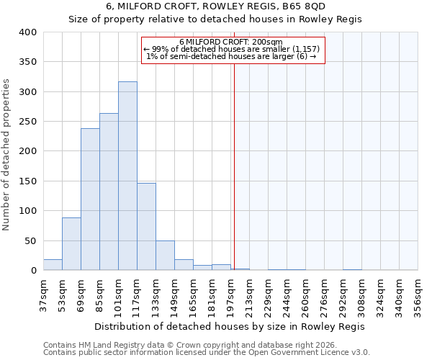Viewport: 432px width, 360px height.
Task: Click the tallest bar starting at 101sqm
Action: click(x=127, y=176)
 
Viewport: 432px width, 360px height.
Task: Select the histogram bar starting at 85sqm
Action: click(x=109, y=192)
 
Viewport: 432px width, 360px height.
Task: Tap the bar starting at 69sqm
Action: click(x=90, y=199)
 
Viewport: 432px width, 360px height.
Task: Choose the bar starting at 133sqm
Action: click(x=165, y=256)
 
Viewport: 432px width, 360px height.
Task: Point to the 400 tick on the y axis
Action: click(x=28, y=32)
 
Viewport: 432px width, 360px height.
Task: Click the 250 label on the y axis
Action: click(x=28, y=122)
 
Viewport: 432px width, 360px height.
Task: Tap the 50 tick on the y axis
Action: click(x=31, y=240)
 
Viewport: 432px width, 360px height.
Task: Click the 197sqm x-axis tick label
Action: click(x=230, y=296)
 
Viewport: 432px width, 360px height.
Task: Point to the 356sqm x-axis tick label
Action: click(x=418, y=296)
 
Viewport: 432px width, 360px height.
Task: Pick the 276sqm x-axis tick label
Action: click(x=324, y=296)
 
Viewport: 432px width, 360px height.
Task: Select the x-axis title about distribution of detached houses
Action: click(x=230, y=327)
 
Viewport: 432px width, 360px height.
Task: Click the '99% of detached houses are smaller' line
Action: click(x=235, y=49)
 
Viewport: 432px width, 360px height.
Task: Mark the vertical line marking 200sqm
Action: click(x=234, y=166)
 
